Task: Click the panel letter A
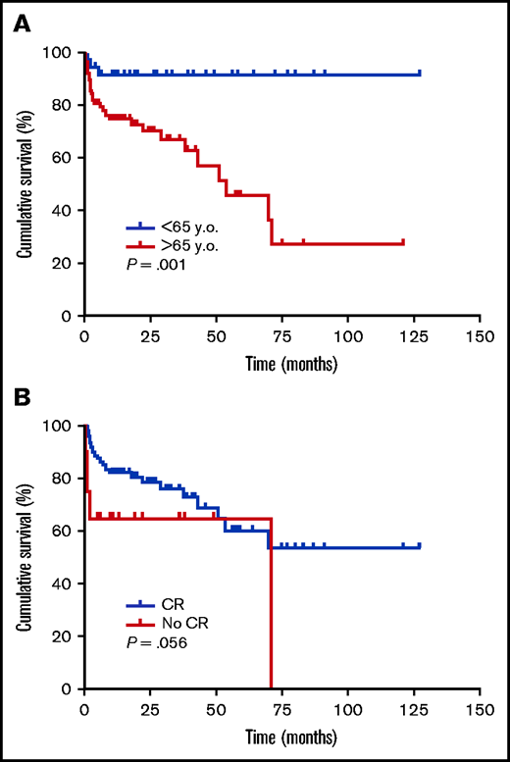tap(20, 22)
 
